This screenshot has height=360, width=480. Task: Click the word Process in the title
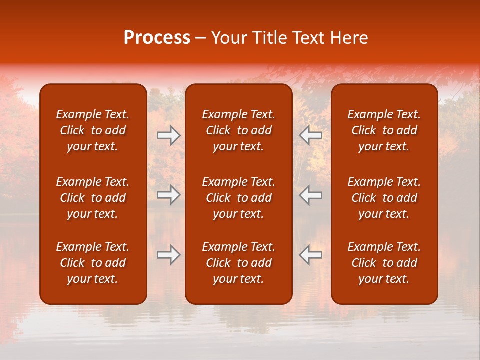click(x=157, y=38)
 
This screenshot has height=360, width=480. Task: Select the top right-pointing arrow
click(x=169, y=135)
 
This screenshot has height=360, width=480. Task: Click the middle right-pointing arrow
click(x=169, y=195)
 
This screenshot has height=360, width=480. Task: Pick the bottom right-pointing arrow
click(x=169, y=255)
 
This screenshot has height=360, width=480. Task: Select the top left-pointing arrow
click(x=310, y=135)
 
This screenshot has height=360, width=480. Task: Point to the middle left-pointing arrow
click(x=310, y=195)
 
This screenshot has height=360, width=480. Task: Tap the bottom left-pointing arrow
click(x=310, y=255)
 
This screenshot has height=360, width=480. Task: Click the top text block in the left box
click(x=93, y=130)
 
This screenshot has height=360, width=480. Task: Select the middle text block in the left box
click(x=93, y=198)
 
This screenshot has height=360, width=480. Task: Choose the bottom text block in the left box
click(x=93, y=263)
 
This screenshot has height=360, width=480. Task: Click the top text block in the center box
click(x=238, y=130)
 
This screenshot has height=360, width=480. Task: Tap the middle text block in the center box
click(x=238, y=198)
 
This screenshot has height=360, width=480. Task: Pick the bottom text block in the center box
click(x=238, y=263)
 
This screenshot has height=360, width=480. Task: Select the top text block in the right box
click(x=384, y=130)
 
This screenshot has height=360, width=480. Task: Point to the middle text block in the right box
click(x=384, y=198)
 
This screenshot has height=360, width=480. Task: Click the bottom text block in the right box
click(x=384, y=263)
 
